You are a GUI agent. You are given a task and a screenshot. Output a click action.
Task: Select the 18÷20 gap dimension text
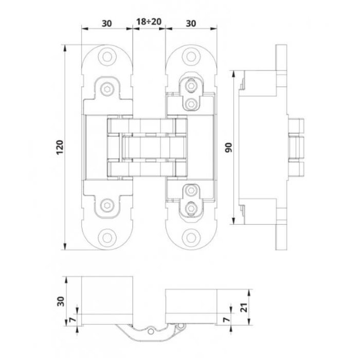click(149, 22)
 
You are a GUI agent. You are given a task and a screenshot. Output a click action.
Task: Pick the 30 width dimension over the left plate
click(107, 22)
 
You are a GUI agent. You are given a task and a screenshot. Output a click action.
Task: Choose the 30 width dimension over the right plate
click(190, 22)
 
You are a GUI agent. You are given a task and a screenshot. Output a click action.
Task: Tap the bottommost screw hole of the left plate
click(107, 238)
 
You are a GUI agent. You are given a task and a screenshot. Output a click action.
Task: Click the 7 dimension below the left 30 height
click(70, 319)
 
